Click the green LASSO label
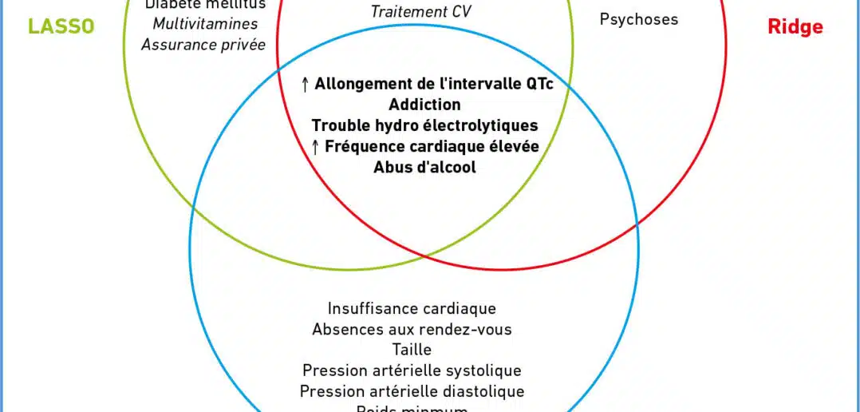[61, 26]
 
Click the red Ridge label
[795, 27]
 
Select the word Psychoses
[638, 18]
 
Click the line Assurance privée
[203, 45]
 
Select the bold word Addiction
[424, 105]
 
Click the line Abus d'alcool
[424, 167]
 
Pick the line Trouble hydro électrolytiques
[424, 125]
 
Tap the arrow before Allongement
[306, 84]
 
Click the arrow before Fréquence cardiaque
[315, 146]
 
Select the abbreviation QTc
[538, 84]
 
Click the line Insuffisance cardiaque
[412, 308]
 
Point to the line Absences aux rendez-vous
[412, 329]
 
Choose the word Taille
[412, 350]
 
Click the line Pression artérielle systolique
[412, 370]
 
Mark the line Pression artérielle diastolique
[412, 391]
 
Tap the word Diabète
[170, 5]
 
